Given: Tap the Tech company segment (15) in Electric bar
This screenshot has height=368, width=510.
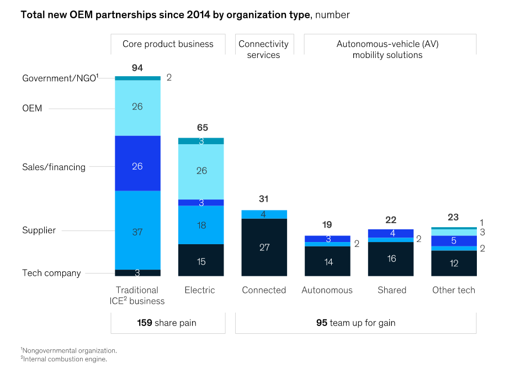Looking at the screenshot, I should [201, 260].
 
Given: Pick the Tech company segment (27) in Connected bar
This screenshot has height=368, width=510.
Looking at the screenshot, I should [264, 247].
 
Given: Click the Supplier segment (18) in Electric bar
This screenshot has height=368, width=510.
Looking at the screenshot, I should [201, 225].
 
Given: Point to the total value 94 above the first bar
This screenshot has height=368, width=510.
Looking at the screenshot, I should [137, 68].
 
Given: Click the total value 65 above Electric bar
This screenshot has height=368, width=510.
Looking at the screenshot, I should [202, 128].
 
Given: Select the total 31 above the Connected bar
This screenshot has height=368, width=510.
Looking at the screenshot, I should [264, 199].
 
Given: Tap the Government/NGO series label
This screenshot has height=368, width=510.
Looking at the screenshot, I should [60, 78].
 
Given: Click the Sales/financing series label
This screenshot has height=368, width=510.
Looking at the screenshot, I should [54, 167].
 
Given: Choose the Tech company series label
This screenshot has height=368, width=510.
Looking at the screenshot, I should [51, 273].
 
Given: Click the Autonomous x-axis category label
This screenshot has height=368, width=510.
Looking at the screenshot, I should [327, 290].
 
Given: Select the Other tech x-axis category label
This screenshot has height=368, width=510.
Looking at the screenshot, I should [454, 290].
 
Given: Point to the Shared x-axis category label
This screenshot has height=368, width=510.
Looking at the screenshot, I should [391, 290].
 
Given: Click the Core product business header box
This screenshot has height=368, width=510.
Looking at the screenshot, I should [168, 44].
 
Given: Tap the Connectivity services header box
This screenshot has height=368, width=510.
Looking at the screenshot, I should [263, 49].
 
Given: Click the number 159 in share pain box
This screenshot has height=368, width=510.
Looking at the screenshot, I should [145, 323].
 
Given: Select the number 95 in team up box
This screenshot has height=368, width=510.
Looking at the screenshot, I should [322, 323].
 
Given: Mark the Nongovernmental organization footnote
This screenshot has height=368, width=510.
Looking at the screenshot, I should [70, 350].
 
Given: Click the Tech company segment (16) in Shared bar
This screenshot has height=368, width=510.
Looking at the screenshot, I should [391, 259].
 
